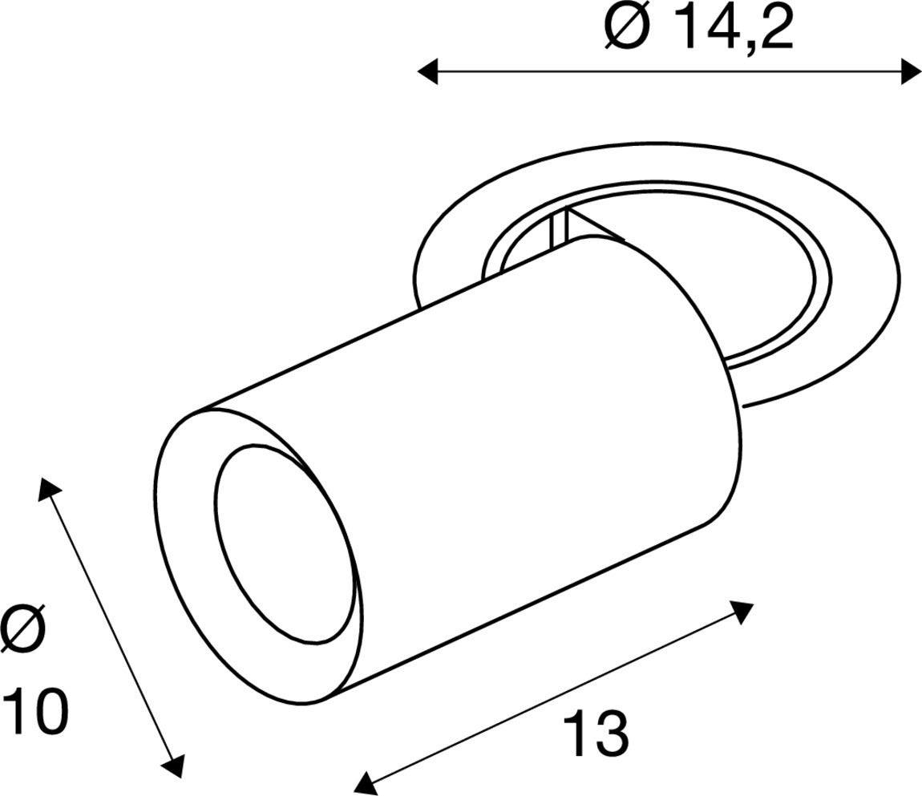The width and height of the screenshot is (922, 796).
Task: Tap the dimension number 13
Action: tap(595, 733)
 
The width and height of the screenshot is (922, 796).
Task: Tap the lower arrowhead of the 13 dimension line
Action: tap(365, 782)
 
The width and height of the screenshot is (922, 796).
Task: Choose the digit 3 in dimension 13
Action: tap(612, 733)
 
